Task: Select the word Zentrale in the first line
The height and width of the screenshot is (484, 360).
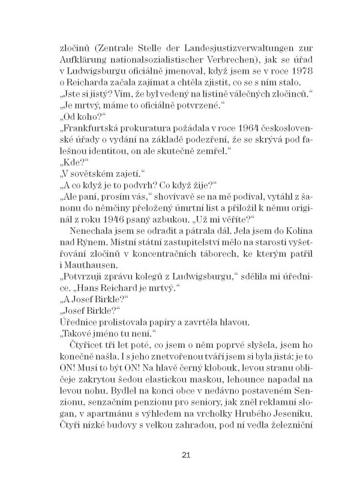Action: click(112, 47)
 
